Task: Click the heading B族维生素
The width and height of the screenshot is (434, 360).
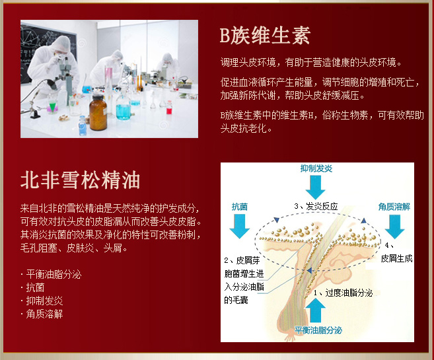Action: click(265, 36)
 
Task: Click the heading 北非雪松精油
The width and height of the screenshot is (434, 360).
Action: click(81, 180)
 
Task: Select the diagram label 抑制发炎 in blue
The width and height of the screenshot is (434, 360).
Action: click(316, 168)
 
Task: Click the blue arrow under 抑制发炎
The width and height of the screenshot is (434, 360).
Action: click(315, 187)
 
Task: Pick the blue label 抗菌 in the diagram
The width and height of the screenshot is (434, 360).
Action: click(240, 207)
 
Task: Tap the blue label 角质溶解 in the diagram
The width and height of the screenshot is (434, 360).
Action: click(394, 207)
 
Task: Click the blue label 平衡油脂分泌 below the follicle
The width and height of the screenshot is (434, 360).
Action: click(318, 330)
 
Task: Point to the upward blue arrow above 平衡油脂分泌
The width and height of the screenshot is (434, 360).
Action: click(316, 310)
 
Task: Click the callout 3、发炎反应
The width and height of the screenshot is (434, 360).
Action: click(316, 206)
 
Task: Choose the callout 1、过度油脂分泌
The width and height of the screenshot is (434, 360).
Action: click(344, 293)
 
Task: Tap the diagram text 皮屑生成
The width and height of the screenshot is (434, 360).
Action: click(396, 258)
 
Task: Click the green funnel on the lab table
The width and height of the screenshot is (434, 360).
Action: click(52, 107)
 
